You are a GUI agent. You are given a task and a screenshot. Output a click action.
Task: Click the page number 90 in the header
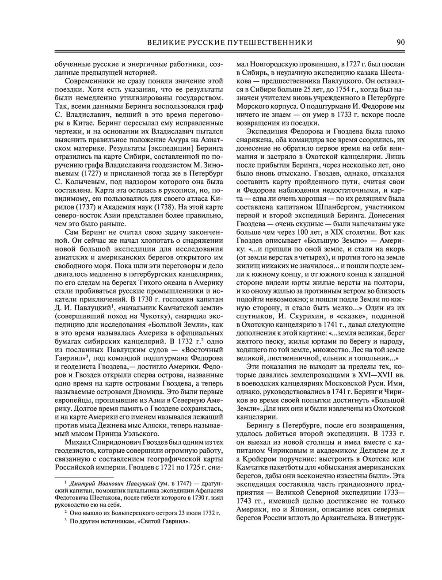tap(401, 42)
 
